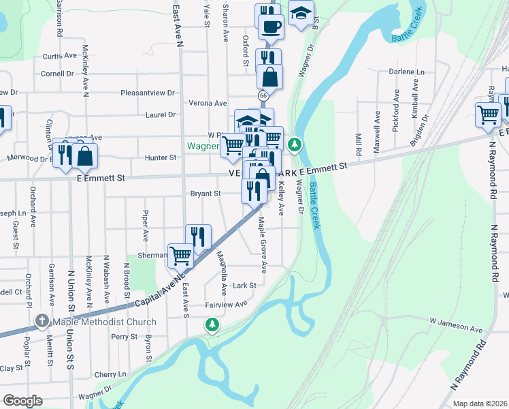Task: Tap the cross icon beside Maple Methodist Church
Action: coord(42,321)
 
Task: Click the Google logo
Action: coord(22,401)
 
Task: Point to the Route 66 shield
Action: coord(262,97)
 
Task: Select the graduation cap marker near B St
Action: coord(300,13)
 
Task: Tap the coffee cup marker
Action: coord(272,27)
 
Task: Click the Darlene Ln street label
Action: coord(406,72)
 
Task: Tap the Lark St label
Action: coord(244,286)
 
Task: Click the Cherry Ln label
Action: coord(110,375)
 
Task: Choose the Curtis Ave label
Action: coord(60,56)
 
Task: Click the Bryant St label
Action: coord(206,194)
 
